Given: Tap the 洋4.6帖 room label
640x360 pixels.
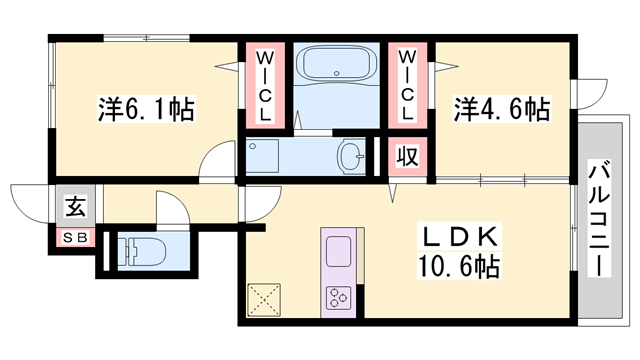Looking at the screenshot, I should click(x=503, y=107).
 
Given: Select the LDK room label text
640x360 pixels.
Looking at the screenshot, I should click(x=458, y=240).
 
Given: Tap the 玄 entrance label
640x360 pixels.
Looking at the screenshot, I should click(x=75, y=208).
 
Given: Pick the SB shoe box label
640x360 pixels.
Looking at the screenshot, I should click(x=74, y=239).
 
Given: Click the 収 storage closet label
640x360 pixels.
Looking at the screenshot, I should click(x=404, y=157).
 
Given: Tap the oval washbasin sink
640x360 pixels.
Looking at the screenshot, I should click(x=351, y=156).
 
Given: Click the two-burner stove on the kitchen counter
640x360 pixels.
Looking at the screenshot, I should click(x=337, y=298).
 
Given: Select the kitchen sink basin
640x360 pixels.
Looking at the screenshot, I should click(x=336, y=250).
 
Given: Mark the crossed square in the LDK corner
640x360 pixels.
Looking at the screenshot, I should click(x=264, y=299).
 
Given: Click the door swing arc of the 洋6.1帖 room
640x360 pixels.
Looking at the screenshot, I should click(x=214, y=162).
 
